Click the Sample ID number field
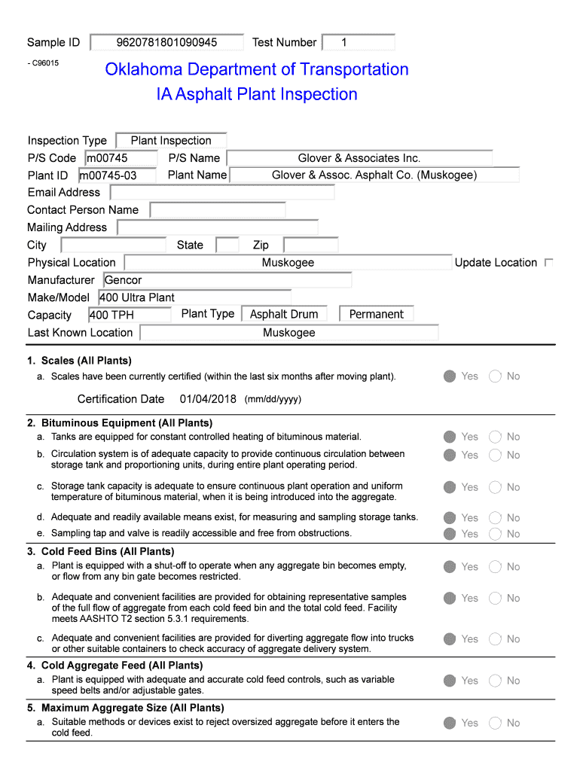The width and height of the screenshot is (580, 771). click(x=166, y=42)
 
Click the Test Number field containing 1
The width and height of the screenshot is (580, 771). click(x=358, y=42)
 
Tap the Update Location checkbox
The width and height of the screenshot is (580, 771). click(x=548, y=263)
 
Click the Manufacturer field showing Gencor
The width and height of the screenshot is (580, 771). click(x=227, y=280)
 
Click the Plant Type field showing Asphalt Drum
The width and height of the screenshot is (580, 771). click(x=284, y=314)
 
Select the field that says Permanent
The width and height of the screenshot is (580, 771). click(x=376, y=314)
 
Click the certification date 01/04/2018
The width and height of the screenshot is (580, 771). click(x=208, y=399)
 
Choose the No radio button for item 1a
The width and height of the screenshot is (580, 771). click(x=495, y=376)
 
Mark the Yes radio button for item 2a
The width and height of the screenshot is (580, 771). click(x=450, y=437)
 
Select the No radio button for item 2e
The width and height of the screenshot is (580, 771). click(x=495, y=534)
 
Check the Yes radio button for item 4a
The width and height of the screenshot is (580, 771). click(x=450, y=681)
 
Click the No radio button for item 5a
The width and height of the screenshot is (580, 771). click(x=495, y=723)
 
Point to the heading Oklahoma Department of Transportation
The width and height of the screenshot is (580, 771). click(x=256, y=70)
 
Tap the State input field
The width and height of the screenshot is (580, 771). click(x=227, y=245)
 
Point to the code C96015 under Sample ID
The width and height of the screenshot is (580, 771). click(x=44, y=63)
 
